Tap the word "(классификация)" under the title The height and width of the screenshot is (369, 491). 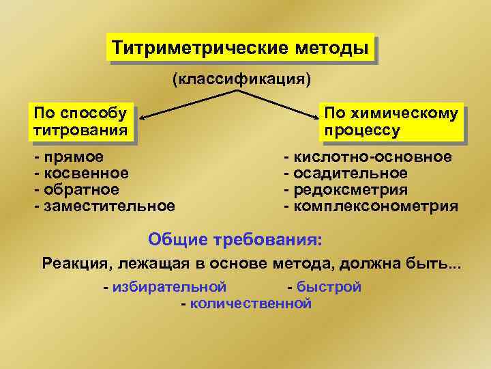point(242,81)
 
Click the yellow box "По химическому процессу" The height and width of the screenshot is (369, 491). point(391,121)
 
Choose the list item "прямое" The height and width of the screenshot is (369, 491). point(74,157)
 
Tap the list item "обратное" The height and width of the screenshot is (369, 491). point(81,189)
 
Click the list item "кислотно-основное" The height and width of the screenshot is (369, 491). point(372,157)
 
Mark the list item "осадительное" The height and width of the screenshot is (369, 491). point(351,174)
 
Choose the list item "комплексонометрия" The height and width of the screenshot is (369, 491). point(375,206)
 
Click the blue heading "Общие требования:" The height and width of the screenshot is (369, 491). point(236,240)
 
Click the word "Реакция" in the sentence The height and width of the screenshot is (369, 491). point(76,263)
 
